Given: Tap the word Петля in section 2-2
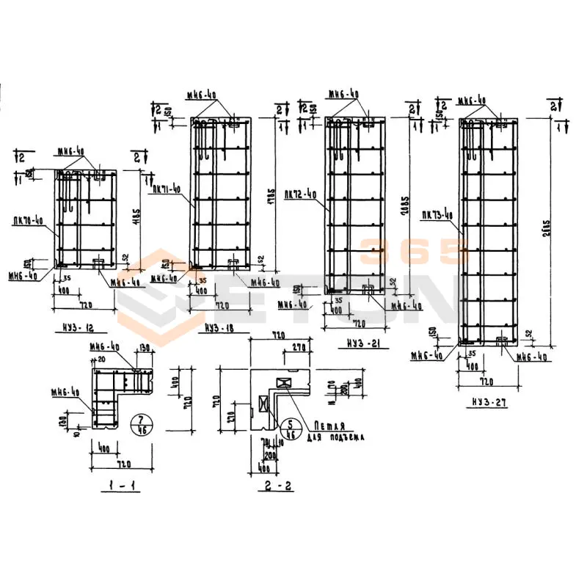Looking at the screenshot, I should [329, 426].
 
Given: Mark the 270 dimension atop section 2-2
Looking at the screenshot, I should [299, 349].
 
